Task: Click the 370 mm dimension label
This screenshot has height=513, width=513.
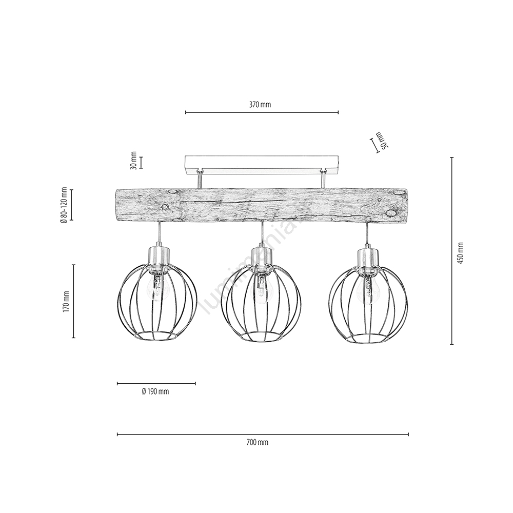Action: coord(260,105)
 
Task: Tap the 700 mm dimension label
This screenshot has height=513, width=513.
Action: coord(257,442)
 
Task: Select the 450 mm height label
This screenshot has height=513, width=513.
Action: coord(461,253)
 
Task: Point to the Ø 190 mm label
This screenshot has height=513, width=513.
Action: coord(155,391)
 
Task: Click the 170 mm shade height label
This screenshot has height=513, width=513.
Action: coord(66,301)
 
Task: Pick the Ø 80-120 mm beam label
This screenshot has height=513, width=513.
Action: coord(64,205)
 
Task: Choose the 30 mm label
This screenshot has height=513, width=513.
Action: coord(133,161)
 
